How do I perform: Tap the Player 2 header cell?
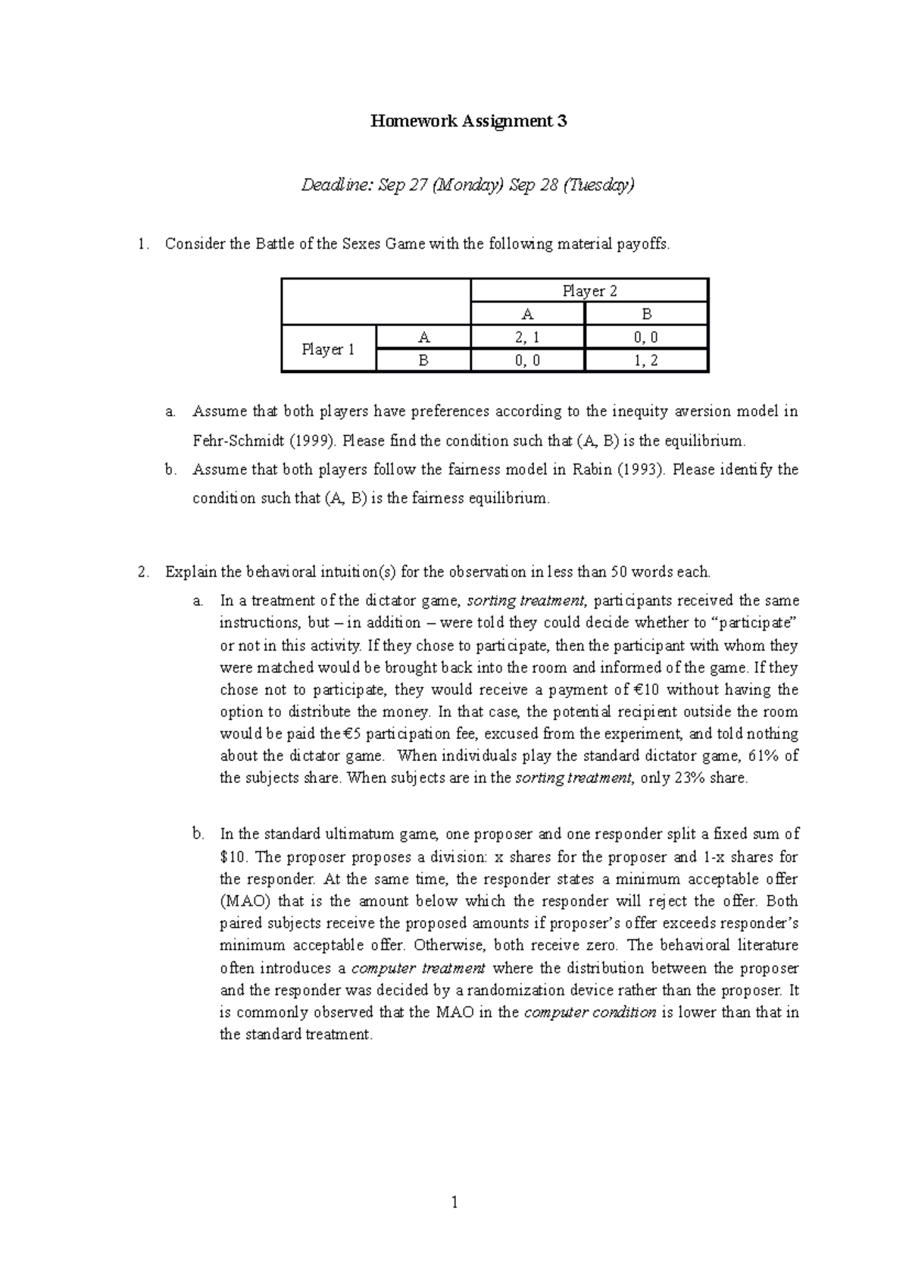pyautogui.click(x=589, y=291)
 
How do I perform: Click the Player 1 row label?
pyautogui.click(x=328, y=349)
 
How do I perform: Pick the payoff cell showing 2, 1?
pyautogui.click(x=527, y=338)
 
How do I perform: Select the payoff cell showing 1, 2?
pyautogui.click(x=646, y=361)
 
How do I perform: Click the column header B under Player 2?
pyautogui.click(x=646, y=315)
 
